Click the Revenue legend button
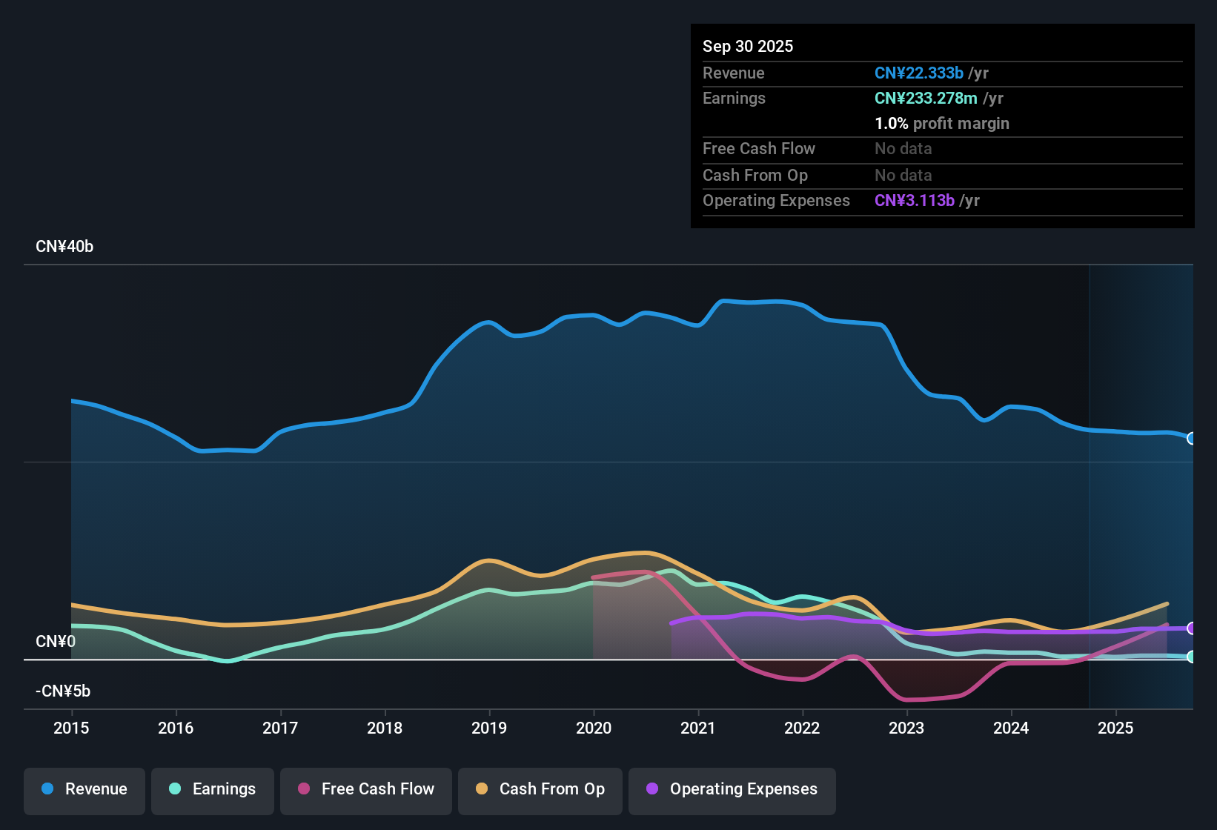(x=84, y=789)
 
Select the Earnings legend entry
(x=213, y=789)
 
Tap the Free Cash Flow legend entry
(x=366, y=789)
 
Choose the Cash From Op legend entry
(x=540, y=789)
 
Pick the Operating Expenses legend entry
(x=732, y=789)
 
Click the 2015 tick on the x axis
(x=71, y=728)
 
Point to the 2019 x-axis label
(x=489, y=728)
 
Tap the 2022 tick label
(x=802, y=728)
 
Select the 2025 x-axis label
(x=1115, y=728)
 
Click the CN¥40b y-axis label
(x=64, y=247)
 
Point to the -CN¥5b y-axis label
(x=63, y=691)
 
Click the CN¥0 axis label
(x=56, y=641)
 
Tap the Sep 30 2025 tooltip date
(x=748, y=46)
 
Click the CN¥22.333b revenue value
(x=919, y=73)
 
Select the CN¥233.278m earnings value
(x=926, y=98)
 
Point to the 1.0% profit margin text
(x=942, y=123)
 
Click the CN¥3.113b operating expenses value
(x=915, y=200)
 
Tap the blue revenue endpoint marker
(x=1191, y=438)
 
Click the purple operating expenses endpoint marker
(x=1191, y=628)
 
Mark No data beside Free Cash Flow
(x=903, y=148)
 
